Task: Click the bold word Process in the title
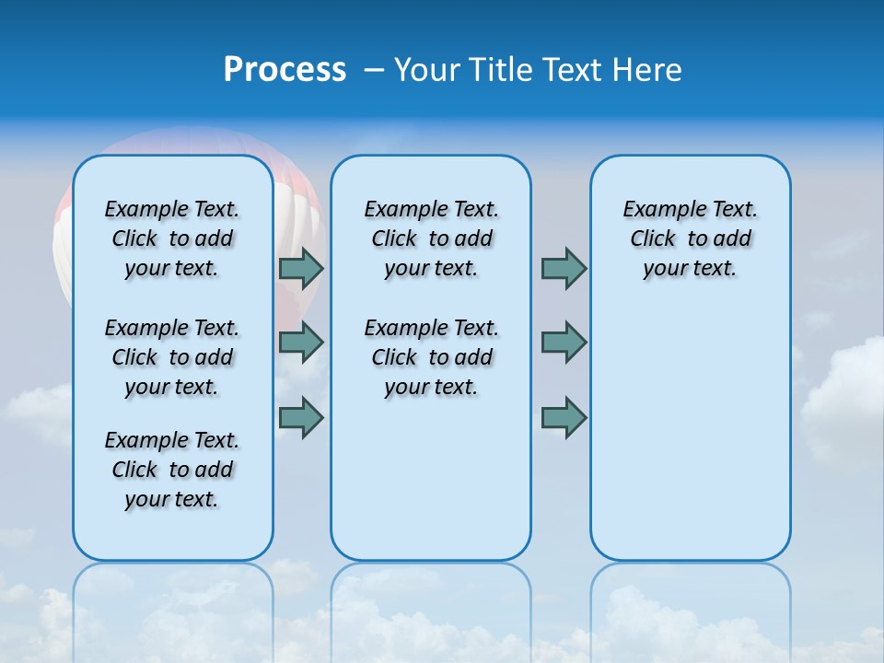[285, 69]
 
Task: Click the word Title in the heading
[505, 70]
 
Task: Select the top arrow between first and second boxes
[300, 269]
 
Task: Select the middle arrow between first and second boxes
[300, 343]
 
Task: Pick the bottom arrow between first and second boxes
[300, 418]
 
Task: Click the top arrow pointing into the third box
[564, 269]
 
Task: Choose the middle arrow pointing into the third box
[564, 343]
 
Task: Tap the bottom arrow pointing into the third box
[564, 418]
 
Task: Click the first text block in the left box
[172, 238]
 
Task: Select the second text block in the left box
[172, 357]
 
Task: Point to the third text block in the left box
[172, 470]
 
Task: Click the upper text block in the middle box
[431, 238]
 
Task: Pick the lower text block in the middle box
[431, 357]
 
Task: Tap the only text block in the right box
[690, 238]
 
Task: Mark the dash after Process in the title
[374, 70]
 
